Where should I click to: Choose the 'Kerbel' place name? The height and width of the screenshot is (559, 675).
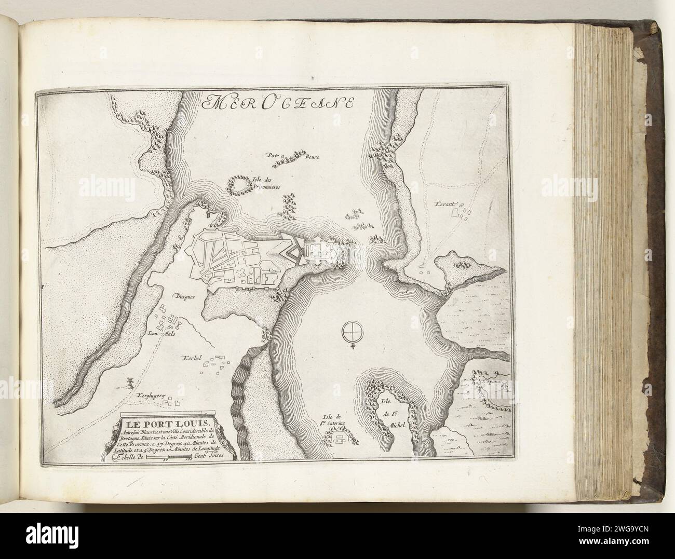coord(191,359)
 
